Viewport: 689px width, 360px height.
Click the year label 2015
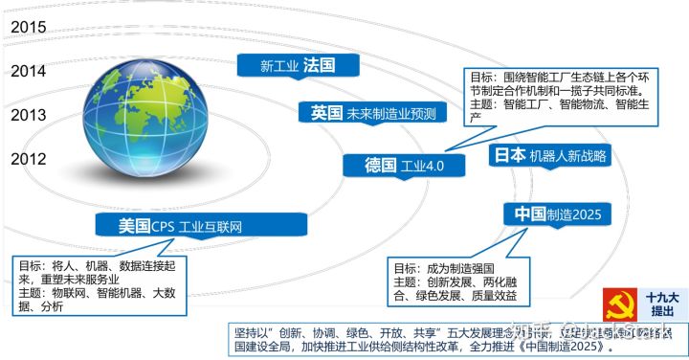point(29,26)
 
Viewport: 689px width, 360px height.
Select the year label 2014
point(29,70)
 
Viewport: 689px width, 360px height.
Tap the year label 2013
point(29,115)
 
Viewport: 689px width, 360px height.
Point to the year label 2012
point(29,160)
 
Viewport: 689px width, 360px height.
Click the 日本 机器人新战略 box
point(549,155)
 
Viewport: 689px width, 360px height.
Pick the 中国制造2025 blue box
point(558,214)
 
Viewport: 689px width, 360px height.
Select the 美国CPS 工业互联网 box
point(202,226)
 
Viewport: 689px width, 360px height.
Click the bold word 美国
point(134,226)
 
